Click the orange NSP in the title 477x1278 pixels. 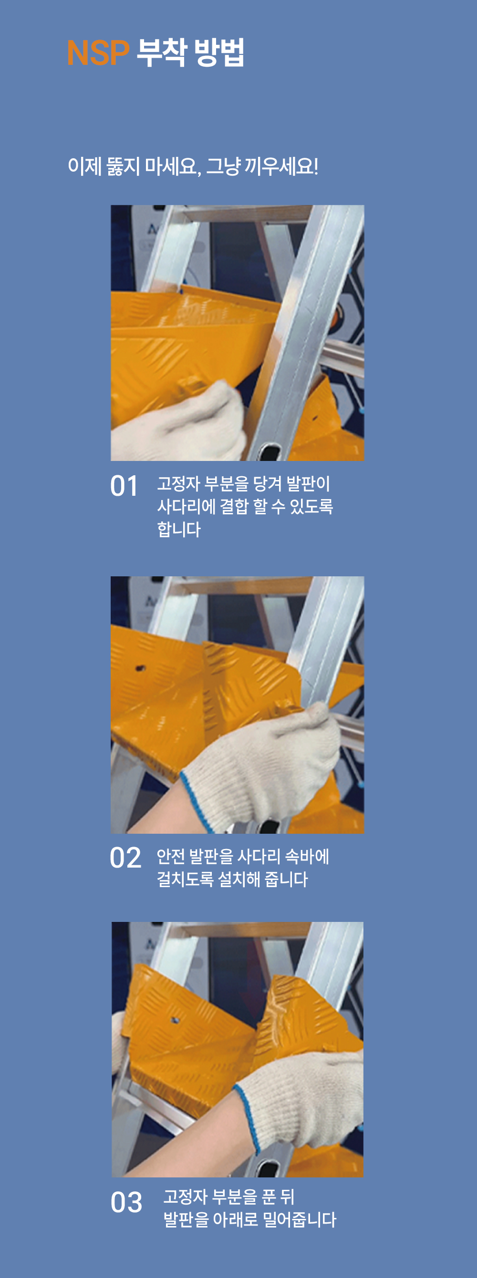tap(98, 53)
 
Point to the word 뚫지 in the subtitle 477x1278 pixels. tap(123, 166)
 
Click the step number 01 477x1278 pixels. tap(124, 486)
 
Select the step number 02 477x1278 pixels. tap(125, 858)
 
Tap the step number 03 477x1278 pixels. tap(126, 1202)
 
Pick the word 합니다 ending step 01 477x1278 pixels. tap(179, 529)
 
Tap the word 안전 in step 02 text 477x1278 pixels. tap(171, 856)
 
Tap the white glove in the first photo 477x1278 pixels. tap(179, 427)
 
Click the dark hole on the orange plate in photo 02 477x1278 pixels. tap(140, 668)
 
